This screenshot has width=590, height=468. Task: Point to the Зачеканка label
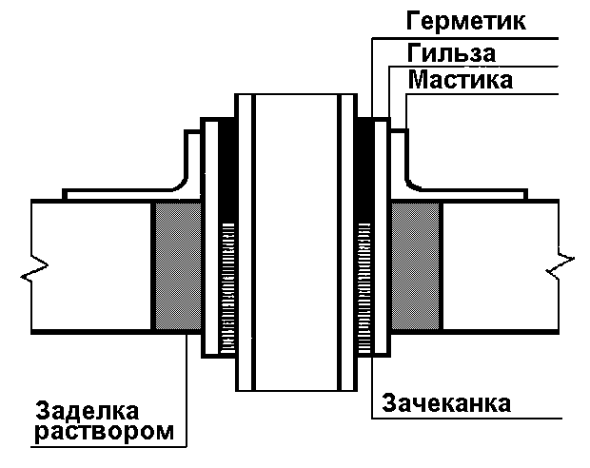tap(446, 402)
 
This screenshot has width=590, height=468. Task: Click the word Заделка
tap(88, 411)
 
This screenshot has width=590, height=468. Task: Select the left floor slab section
tap(90, 266)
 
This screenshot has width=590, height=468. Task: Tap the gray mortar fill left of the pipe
tap(176, 266)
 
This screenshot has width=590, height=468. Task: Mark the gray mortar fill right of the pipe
tap(416, 266)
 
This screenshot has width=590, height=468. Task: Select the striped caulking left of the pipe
tap(226, 285)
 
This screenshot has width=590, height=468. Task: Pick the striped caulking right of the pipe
tap(364, 285)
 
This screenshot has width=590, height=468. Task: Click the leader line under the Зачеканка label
tap(476, 419)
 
